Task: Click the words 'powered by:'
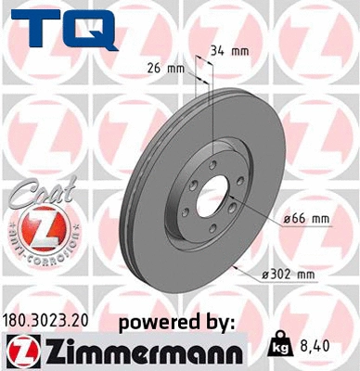(x=177, y=322)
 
